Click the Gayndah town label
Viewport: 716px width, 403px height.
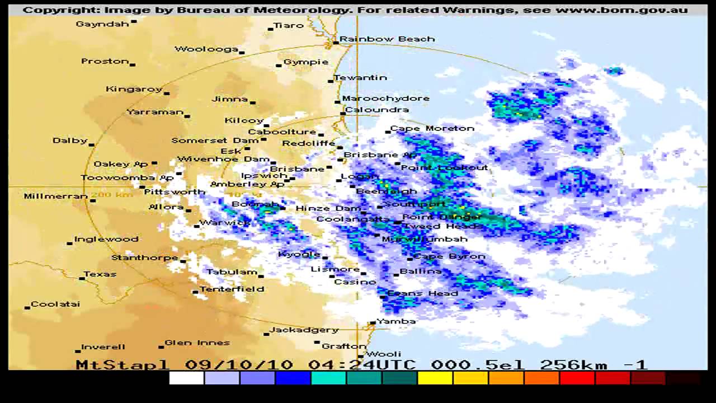(102, 24)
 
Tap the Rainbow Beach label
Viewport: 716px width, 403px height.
(387, 39)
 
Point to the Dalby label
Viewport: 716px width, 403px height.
(70, 140)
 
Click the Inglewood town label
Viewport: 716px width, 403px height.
(106, 239)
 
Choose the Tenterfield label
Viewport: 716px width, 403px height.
(232, 289)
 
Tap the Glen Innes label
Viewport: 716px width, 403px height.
(197, 343)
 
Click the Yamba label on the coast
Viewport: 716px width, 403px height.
(396, 321)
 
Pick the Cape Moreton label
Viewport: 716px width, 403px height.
(432, 128)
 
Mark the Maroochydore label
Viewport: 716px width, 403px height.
(386, 99)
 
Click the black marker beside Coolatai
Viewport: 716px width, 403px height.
(27, 307)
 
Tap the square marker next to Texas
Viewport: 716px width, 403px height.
(82, 278)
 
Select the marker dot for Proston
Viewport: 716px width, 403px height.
(133, 64)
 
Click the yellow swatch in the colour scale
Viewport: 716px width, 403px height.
(435, 379)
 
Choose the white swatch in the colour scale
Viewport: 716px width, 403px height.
(186, 379)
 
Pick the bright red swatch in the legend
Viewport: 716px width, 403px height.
(577, 379)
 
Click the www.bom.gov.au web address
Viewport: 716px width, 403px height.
(621, 10)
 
